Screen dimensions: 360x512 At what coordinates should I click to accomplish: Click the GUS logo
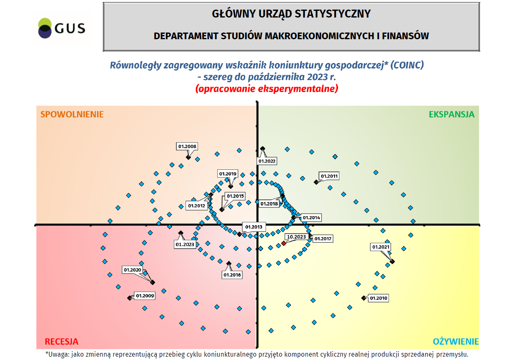click(x=61, y=28)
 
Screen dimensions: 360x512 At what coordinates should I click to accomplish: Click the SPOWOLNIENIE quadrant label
click(x=72, y=114)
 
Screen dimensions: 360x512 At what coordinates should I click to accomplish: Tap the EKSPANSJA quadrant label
click(x=452, y=114)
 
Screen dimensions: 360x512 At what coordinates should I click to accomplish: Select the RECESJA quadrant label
click(x=62, y=342)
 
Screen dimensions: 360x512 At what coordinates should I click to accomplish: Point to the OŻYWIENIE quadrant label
click(x=456, y=342)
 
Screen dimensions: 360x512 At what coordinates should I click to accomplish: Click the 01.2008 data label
click(x=187, y=146)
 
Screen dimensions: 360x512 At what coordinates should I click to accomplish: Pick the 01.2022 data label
click(x=267, y=161)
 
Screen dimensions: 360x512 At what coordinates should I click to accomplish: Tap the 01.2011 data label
click(x=329, y=176)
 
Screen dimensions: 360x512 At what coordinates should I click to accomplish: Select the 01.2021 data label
click(x=381, y=247)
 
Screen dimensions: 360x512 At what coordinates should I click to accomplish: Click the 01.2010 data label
click(x=379, y=298)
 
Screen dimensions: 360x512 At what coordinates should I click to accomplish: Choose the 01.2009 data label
click(x=145, y=296)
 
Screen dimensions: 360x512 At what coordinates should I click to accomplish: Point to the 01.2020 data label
click(x=133, y=270)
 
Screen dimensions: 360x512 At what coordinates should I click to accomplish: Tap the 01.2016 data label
click(x=232, y=275)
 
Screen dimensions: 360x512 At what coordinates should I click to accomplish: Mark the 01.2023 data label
click(x=185, y=244)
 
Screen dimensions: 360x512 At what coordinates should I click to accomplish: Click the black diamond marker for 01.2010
click(x=363, y=298)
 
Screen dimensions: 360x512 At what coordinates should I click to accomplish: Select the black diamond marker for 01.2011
click(x=316, y=182)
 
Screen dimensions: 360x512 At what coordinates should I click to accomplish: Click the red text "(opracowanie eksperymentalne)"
click(x=266, y=88)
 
